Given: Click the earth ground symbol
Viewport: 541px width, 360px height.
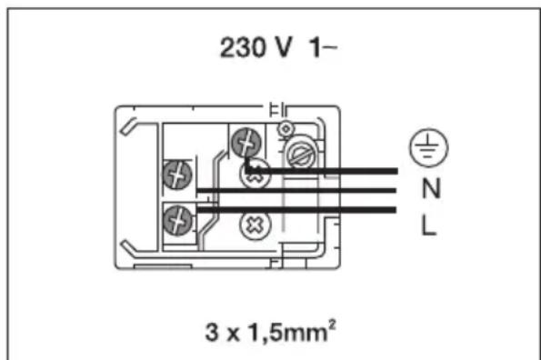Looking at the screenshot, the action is tap(421, 147).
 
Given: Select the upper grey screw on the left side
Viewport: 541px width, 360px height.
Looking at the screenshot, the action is tap(176, 173).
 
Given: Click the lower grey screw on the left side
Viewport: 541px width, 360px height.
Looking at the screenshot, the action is tap(176, 219).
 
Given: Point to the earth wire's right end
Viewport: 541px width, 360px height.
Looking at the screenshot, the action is tap(396, 170).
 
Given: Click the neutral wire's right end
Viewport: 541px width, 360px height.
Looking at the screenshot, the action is tap(396, 190).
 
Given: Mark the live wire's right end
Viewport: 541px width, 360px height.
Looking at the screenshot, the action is tap(396, 209).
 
